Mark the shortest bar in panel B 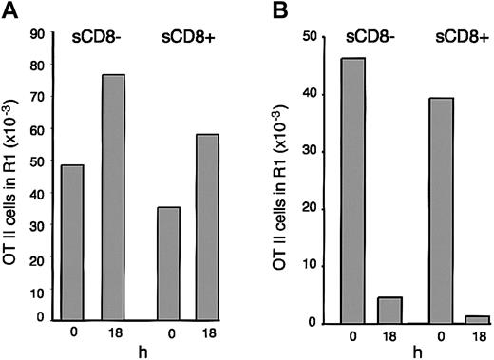point(480,319)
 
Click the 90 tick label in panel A point(38,34)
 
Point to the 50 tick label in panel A point(38,162)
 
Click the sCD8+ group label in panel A point(191,40)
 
